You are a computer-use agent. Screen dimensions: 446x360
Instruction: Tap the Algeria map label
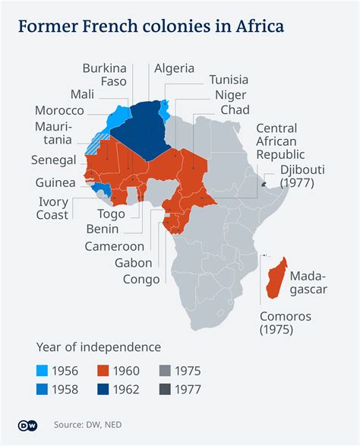pyautogui.click(x=174, y=68)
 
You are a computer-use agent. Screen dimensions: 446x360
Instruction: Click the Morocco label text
pyautogui.click(x=59, y=110)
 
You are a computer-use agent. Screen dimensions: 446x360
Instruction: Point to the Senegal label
pyautogui.click(x=54, y=160)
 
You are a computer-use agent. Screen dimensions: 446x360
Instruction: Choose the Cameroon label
pyautogui.click(x=114, y=246)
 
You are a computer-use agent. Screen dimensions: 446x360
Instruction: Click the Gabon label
pyautogui.click(x=134, y=262)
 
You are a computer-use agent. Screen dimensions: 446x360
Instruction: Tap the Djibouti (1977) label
pyautogui.click(x=302, y=176)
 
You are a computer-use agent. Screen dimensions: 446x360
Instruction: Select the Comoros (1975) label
pyautogui.click(x=286, y=322)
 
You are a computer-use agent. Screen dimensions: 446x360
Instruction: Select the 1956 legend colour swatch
pyautogui.click(x=45, y=371)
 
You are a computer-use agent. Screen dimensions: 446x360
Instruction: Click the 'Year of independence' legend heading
pyautogui.click(x=99, y=347)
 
